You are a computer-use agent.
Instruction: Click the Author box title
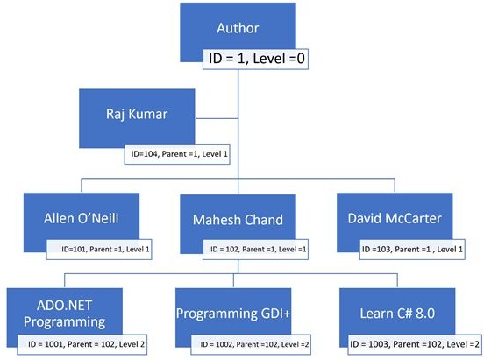click(238, 28)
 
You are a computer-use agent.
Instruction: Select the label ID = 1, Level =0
click(257, 60)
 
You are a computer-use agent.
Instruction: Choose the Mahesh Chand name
click(238, 217)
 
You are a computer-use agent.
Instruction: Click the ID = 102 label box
click(255, 250)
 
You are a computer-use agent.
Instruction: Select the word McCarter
click(416, 217)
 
